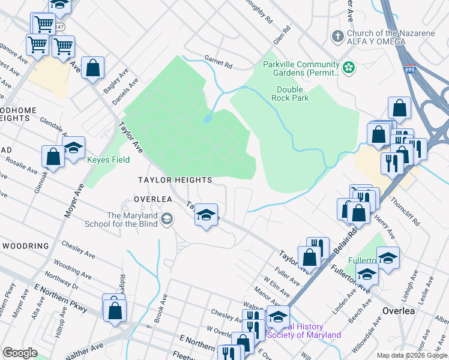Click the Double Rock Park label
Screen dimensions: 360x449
(289, 93)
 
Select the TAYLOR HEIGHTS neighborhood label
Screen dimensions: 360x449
(175, 180)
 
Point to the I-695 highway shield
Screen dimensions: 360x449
(409, 70)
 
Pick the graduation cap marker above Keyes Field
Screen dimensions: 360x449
(74, 148)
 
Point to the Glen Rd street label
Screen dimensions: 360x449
(282, 33)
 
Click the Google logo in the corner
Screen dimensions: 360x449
(20, 353)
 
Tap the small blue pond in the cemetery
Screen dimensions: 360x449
(207, 118)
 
